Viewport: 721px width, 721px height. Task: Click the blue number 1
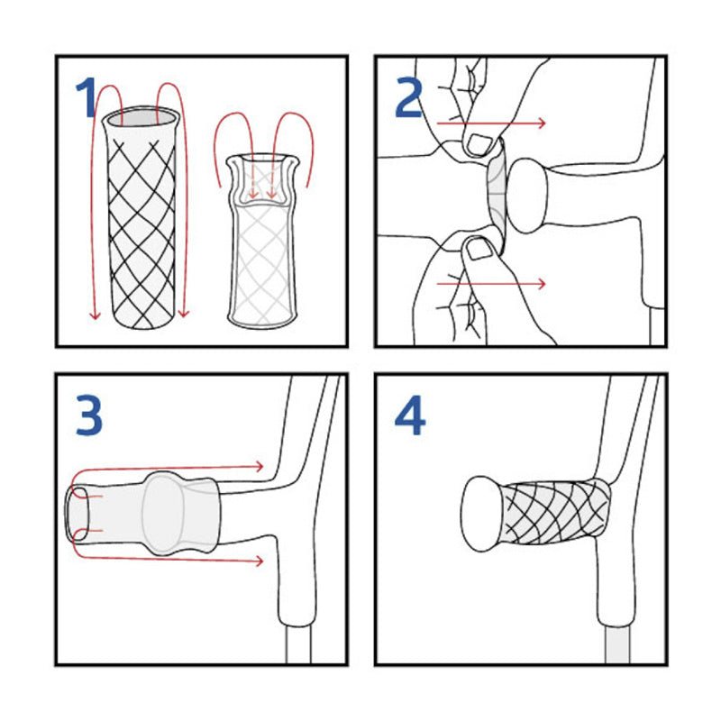(x=87, y=96)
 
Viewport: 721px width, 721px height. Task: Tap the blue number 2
(x=409, y=97)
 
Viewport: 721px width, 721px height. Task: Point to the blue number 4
(x=410, y=415)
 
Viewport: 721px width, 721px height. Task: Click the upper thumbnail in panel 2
(x=479, y=144)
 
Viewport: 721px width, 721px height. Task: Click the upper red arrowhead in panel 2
(x=543, y=123)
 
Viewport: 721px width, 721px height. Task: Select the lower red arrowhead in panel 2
(x=543, y=284)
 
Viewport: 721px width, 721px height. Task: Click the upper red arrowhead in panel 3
(x=260, y=466)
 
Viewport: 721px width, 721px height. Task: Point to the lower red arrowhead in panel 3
(x=260, y=561)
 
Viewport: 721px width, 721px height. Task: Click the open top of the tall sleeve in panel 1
(x=140, y=117)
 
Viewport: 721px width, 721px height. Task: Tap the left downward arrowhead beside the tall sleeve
(x=95, y=314)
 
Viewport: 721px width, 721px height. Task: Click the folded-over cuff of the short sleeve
(x=262, y=180)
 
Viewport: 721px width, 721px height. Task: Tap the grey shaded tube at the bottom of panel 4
(x=617, y=646)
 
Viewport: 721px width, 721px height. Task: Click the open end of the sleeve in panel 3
(x=78, y=514)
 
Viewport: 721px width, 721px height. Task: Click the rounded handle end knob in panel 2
(x=528, y=196)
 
